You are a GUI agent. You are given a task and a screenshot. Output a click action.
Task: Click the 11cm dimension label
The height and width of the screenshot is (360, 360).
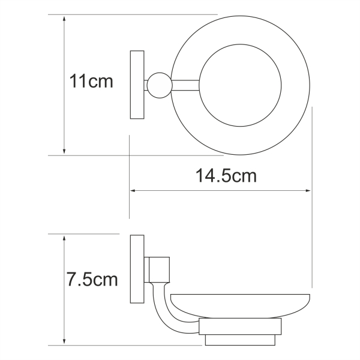pyautogui.click(x=91, y=81)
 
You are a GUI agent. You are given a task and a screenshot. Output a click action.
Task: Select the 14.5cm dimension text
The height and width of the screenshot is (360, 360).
pyautogui.click(x=226, y=176)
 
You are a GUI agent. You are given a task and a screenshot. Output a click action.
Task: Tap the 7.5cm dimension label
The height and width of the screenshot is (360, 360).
pyautogui.click(x=92, y=279)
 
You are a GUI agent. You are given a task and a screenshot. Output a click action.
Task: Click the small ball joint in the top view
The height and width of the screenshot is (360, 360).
pyautogui.click(x=160, y=85)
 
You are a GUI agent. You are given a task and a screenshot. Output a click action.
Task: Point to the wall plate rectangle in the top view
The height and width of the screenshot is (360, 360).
pyautogui.click(x=137, y=85)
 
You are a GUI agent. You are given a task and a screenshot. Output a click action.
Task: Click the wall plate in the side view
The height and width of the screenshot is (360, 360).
pyautogui.click(x=137, y=269)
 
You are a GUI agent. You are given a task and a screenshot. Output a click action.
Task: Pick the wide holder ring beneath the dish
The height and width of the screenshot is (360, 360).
pyautogui.click(x=240, y=326)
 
